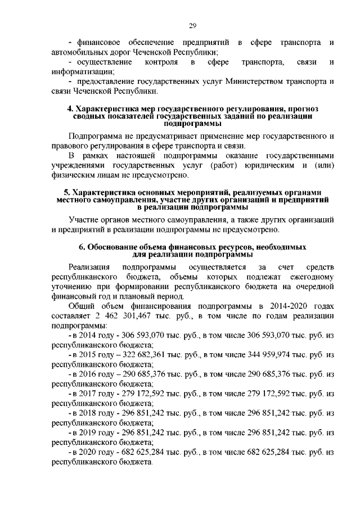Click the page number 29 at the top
click(x=191, y=25)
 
